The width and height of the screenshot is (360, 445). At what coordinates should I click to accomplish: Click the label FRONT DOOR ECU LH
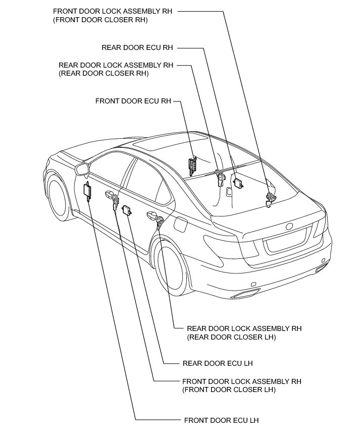221,420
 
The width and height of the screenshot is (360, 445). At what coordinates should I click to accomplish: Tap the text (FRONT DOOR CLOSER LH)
229,390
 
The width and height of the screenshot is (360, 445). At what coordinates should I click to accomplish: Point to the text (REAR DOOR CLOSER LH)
232,337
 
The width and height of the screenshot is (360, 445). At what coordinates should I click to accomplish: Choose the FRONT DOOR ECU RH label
133,101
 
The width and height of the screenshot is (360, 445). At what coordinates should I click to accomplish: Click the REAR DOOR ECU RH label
137,47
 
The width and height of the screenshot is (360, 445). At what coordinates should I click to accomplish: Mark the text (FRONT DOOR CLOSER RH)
100,20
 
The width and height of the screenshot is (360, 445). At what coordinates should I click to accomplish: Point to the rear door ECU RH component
239,184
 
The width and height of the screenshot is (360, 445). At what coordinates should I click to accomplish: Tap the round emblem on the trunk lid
289,226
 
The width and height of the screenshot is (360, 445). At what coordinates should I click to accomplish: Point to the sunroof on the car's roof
171,142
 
